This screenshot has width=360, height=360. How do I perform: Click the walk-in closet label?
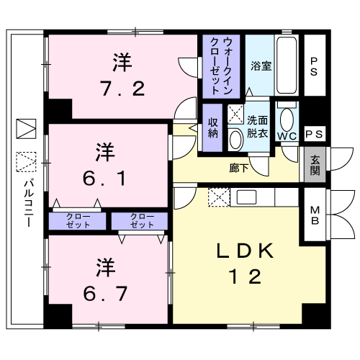tap(223, 66)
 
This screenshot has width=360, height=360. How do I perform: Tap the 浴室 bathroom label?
tap(261, 66)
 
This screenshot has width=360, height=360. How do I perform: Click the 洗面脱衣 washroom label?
tap(257, 127)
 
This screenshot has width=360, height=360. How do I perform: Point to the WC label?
tap(286, 135)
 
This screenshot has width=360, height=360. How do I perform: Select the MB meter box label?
tap(315, 215)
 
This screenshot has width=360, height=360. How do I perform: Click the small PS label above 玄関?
tap(314, 134)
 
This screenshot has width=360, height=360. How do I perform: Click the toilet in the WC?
tap(286, 117)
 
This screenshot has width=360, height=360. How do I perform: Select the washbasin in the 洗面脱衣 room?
tap(236, 138)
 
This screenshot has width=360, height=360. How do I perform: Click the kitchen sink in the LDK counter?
tap(245, 197)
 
